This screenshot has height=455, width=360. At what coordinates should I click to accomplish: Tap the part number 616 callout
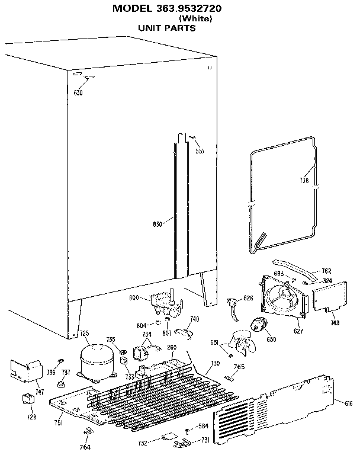pyautogui.click(x=348, y=403)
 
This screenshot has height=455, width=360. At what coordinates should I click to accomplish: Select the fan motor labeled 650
pyautogui.click(x=259, y=325)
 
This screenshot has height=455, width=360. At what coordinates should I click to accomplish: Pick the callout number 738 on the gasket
pyautogui.click(x=304, y=181)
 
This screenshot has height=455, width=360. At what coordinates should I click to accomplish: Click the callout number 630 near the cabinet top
pyautogui.click(x=78, y=92)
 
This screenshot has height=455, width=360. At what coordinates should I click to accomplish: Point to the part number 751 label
pyautogui.click(x=59, y=422)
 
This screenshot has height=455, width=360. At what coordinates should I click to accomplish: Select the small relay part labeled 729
pyautogui.click(x=27, y=400)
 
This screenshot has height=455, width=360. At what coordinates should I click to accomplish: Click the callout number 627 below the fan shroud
pyautogui.click(x=298, y=331)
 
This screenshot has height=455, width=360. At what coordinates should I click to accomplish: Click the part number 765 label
pyautogui.click(x=239, y=367)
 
